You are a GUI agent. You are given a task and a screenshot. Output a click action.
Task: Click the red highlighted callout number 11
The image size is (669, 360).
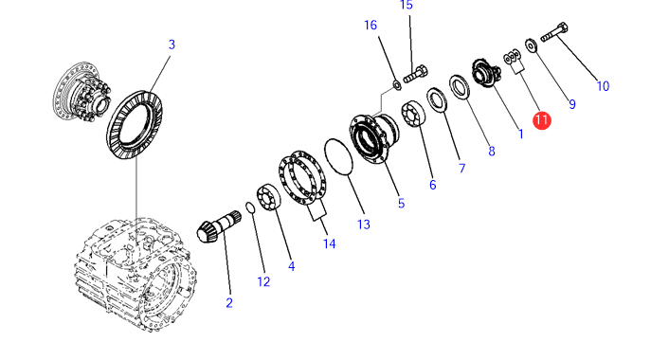click(541, 120)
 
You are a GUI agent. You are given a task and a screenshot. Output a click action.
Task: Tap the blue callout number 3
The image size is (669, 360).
click(172, 45)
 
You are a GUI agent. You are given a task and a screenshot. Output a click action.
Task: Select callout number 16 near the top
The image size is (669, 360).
click(371, 26)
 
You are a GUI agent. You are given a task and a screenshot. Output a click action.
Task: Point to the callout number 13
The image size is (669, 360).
click(364, 225)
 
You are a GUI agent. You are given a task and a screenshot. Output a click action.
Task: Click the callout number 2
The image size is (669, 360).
click(229, 303)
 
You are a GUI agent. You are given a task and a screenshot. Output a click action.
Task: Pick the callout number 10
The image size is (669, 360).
click(603, 86)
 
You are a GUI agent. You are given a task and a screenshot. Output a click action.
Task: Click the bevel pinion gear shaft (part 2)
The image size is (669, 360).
click(219, 225)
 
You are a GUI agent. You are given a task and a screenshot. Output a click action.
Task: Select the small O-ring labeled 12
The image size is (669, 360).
click(250, 207)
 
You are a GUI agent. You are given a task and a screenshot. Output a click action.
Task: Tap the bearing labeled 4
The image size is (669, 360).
click(268, 198)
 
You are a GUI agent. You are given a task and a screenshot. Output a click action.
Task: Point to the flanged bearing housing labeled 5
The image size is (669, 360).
click(374, 137)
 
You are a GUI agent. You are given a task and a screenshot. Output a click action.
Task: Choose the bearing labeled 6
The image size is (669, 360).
click(413, 115)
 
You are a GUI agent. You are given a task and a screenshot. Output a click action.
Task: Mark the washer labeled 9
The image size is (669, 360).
click(532, 45)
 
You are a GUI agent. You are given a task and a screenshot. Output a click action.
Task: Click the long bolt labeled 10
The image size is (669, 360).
click(554, 32)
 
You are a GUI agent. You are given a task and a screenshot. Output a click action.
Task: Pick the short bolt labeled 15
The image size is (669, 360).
click(416, 74)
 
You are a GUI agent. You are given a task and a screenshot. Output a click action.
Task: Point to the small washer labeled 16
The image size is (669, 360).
click(397, 85)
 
